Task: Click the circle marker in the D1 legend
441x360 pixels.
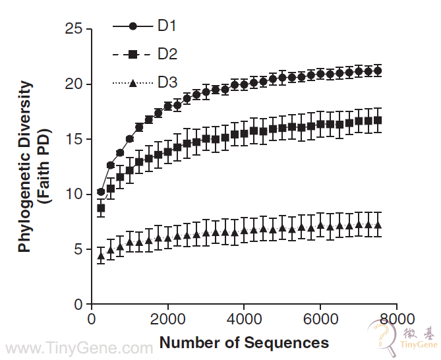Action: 132,26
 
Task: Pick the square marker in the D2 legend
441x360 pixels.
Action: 132,55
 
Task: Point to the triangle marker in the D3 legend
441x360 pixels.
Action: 132,83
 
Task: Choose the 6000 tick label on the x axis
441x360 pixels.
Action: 320,318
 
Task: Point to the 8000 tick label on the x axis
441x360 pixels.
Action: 396,318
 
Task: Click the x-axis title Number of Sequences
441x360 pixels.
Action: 244,343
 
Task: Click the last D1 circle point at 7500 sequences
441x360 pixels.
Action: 378,71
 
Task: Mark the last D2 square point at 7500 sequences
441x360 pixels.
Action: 378,120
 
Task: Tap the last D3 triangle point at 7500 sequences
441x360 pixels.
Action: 378,225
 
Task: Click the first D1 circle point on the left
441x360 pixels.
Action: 101,192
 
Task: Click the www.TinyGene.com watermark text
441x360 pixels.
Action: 78,347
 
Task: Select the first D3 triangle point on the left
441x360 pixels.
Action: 101,256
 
